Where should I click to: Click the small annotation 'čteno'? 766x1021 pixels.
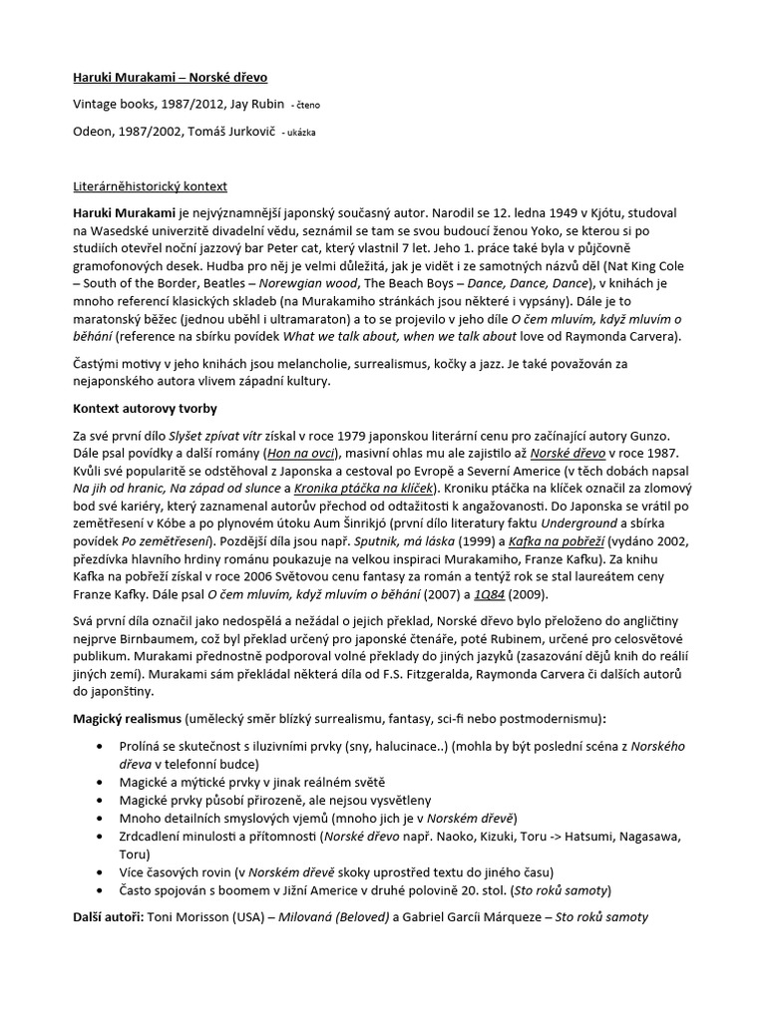305,105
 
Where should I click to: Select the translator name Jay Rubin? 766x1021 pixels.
252,104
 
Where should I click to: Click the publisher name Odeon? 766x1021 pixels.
95,132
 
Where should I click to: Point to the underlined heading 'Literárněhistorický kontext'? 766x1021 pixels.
151,185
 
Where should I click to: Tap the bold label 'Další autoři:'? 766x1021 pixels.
109,915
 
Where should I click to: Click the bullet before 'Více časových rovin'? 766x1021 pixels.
98,870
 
